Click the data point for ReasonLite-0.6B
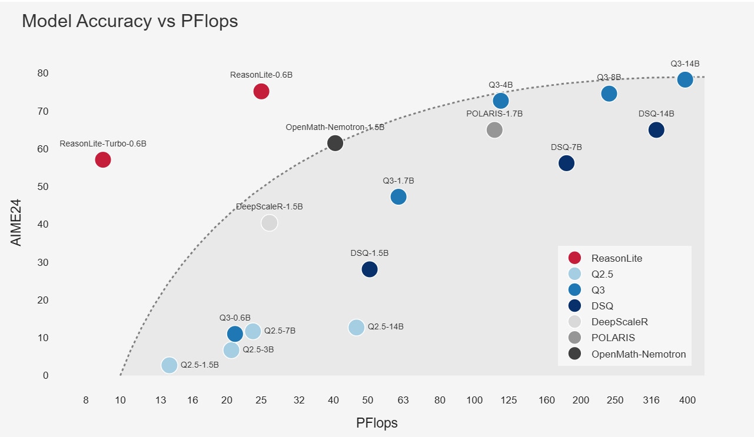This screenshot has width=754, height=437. tap(261, 91)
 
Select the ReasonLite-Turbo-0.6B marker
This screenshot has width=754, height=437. tap(103, 159)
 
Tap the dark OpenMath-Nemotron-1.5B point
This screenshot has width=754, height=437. tap(335, 143)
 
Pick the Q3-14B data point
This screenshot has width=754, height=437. tap(685, 79)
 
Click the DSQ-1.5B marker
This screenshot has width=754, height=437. tap(370, 269)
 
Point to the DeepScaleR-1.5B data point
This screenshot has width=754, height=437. tap(269, 223)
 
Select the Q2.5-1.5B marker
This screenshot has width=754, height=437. tap(170, 365)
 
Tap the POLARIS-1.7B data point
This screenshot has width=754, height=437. tap(494, 130)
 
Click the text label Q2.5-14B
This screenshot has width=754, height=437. tap(386, 327)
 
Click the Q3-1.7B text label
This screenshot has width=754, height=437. tap(398, 181)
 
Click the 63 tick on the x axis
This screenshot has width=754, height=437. tap(403, 401)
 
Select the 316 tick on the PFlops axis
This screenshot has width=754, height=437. tap(652, 401)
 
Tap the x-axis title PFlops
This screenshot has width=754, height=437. tap(377, 423)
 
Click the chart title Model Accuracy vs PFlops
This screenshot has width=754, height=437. tap(129, 21)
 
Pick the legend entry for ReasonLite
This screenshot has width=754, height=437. tap(616, 258)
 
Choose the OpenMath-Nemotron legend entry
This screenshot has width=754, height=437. tap(638, 354)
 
